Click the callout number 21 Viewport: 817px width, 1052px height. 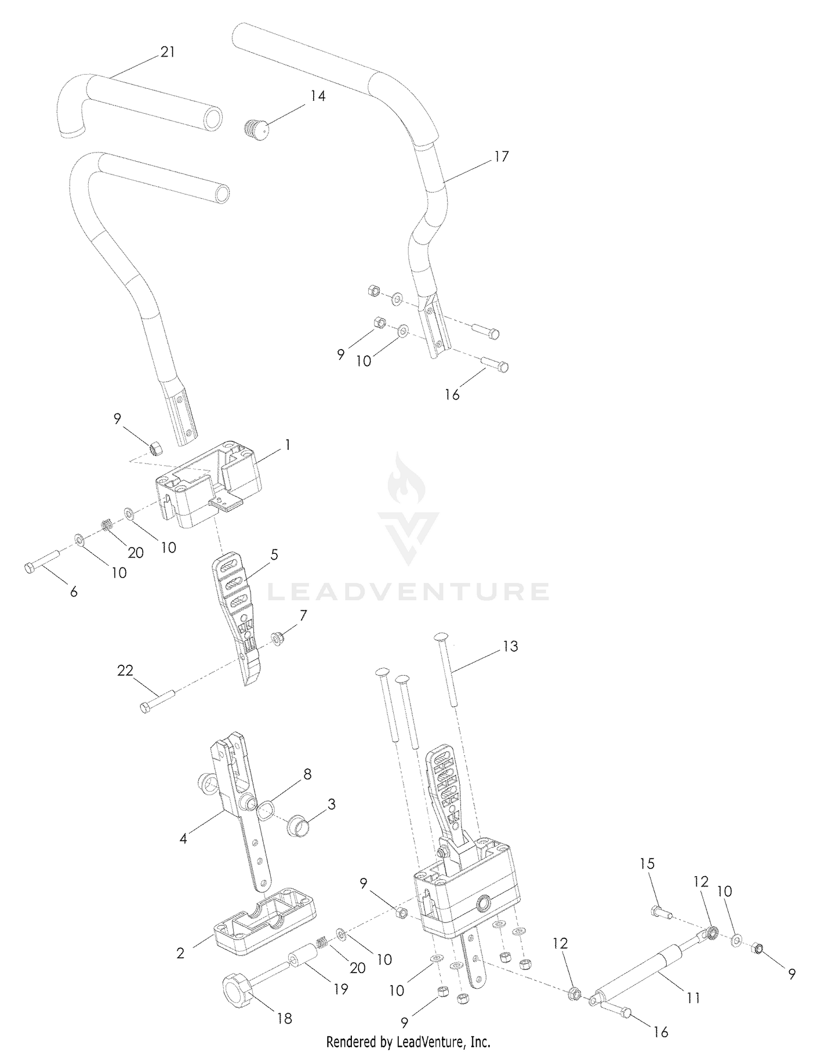tap(168, 52)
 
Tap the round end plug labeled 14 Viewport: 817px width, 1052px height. tap(255, 129)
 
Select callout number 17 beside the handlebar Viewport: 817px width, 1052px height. tap(501, 156)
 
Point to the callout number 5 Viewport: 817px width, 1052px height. tap(274, 555)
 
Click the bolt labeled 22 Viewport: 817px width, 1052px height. tap(157, 700)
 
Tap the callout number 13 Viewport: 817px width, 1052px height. tap(510, 646)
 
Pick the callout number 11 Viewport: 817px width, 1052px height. tap(692, 998)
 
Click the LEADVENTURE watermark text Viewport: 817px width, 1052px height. tap(408, 591)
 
